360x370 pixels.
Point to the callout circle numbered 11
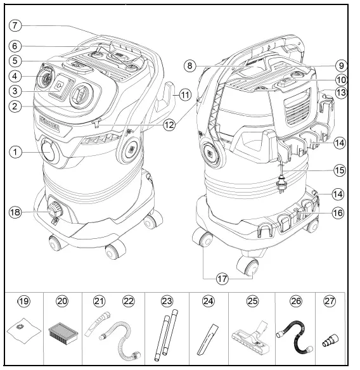pyautogui.click(x=184, y=94)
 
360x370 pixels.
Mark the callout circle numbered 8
pyautogui.click(x=188, y=65)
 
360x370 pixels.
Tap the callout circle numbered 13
pyautogui.click(x=343, y=93)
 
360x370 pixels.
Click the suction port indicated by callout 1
pyautogui.click(x=48, y=152)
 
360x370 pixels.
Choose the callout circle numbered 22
pyautogui.click(x=129, y=302)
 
